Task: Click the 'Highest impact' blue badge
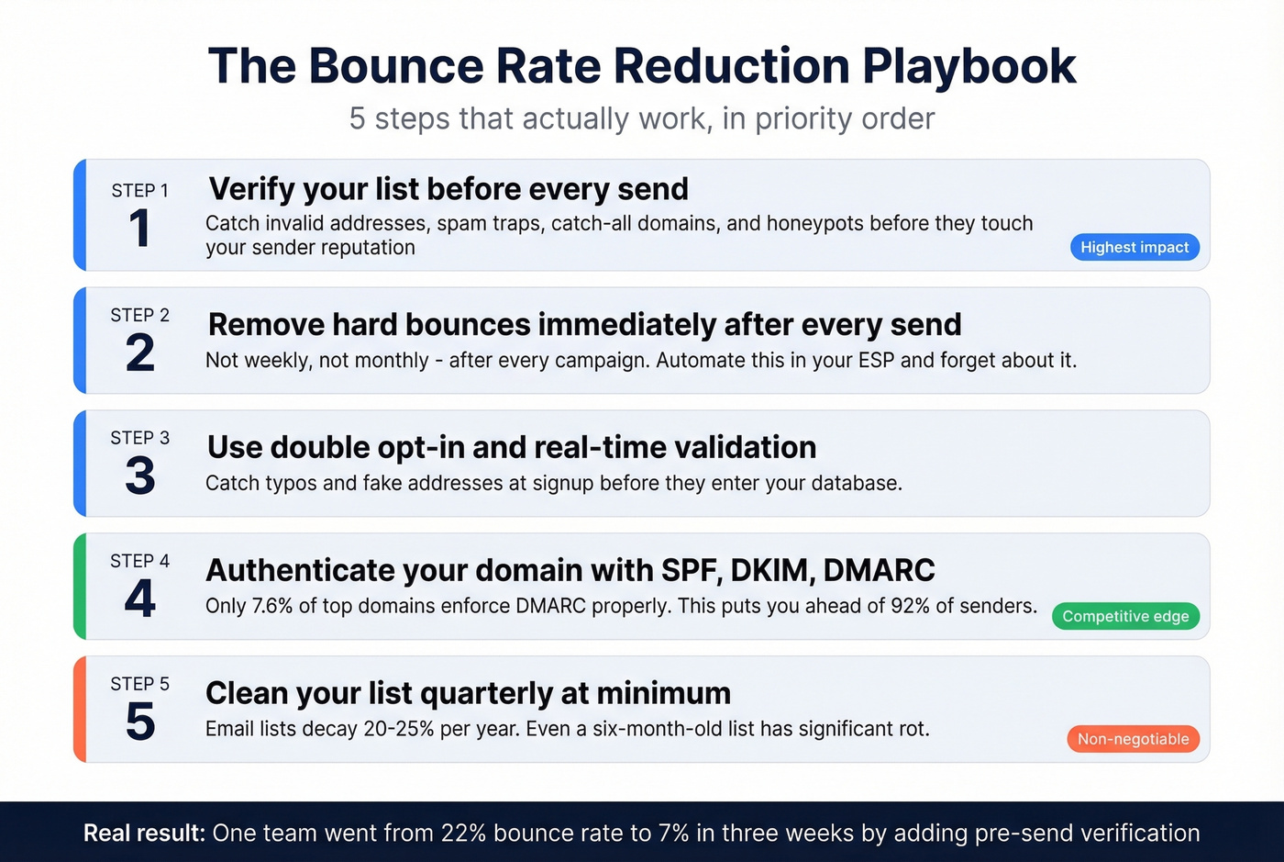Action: (x=1135, y=247)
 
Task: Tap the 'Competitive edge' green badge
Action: (x=1125, y=616)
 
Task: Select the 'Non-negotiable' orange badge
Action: (x=1133, y=739)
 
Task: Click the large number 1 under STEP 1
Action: (x=139, y=229)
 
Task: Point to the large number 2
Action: (x=139, y=353)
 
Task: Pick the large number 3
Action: (x=139, y=476)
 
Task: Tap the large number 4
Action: (x=139, y=599)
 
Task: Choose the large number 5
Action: (x=139, y=722)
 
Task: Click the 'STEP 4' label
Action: (x=139, y=561)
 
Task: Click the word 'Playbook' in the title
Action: (x=969, y=67)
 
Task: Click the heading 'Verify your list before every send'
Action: (x=448, y=189)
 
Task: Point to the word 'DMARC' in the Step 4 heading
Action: (x=879, y=570)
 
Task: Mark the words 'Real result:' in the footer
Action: (x=144, y=833)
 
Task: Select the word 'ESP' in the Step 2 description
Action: (x=876, y=360)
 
